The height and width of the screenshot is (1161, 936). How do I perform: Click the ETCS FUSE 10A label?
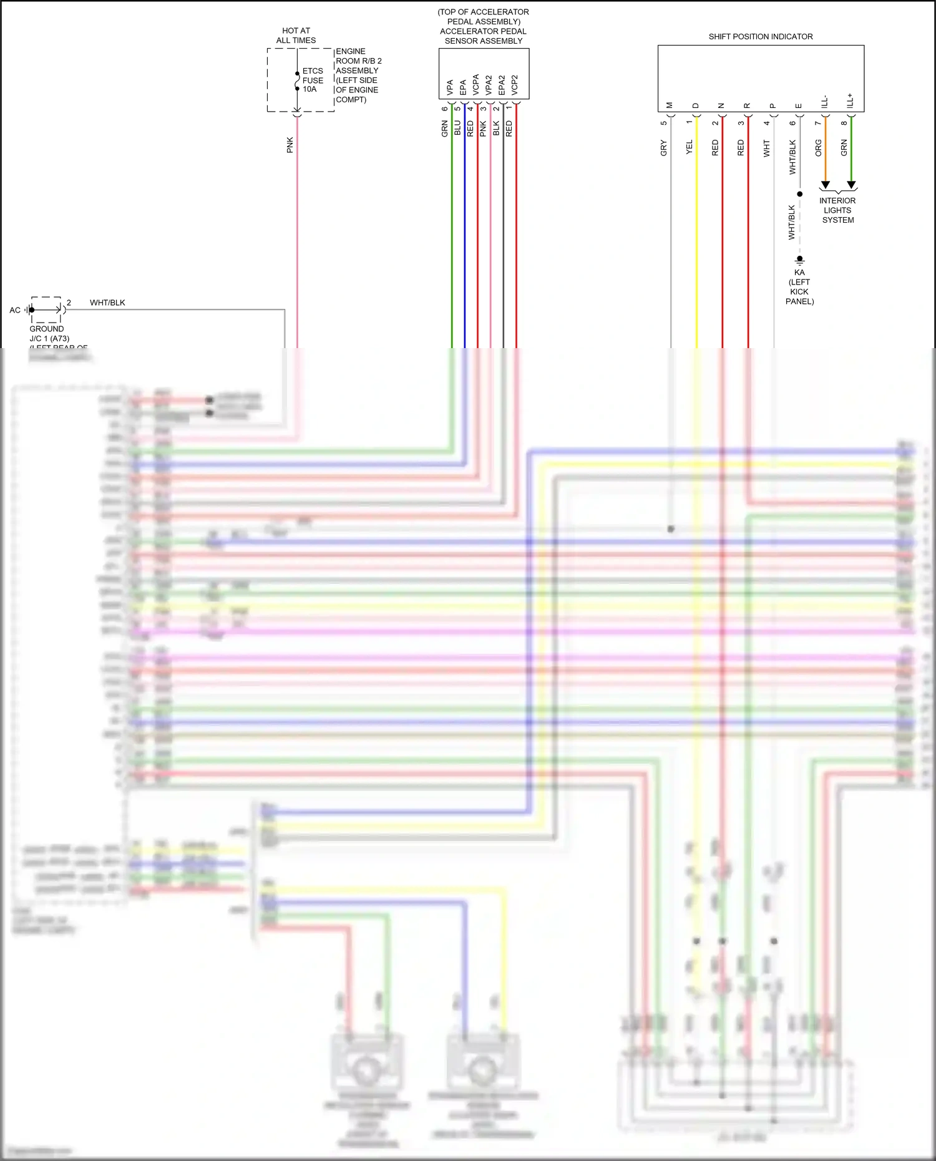tap(313, 80)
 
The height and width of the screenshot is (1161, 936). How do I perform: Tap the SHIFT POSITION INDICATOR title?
tap(760, 37)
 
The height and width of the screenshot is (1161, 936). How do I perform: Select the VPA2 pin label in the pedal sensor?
tap(489, 85)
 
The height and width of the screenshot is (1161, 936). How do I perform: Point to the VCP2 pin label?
tap(515, 85)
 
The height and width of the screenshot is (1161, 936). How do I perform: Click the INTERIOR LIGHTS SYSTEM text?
tap(837, 210)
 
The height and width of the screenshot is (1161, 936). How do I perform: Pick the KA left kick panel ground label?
tap(799, 286)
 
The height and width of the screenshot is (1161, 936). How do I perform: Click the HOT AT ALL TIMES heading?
tap(296, 36)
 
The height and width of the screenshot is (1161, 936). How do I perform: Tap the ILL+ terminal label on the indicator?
tap(850, 101)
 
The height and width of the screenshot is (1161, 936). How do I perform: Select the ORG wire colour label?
tap(819, 148)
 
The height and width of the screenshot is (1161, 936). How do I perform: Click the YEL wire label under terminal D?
tap(690, 147)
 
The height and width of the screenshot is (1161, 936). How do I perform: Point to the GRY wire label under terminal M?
tap(663, 148)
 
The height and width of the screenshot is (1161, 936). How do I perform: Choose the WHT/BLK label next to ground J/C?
tap(107, 303)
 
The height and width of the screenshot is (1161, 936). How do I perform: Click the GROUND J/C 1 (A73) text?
tap(49, 334)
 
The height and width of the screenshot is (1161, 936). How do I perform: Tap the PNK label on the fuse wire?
tap(290, 145)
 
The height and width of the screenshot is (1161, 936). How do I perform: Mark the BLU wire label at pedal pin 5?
tap(457, 128)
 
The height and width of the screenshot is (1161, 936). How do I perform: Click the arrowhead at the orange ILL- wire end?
tap(825, 185)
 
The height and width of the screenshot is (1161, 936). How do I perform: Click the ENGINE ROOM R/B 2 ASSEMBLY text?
tap(358, 75)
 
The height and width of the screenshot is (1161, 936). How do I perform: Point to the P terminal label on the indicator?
tap(773, 106)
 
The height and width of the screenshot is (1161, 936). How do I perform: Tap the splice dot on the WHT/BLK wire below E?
tap(799, 194)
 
